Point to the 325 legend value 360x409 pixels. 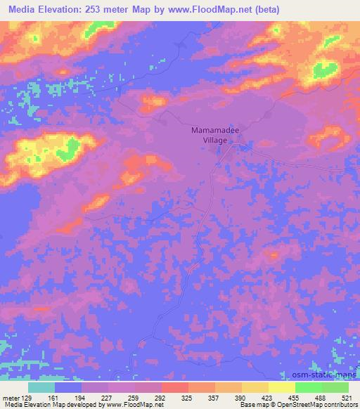coord(188,397)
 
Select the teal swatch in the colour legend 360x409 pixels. coord(41,387)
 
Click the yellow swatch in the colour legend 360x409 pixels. coord(282,387)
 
